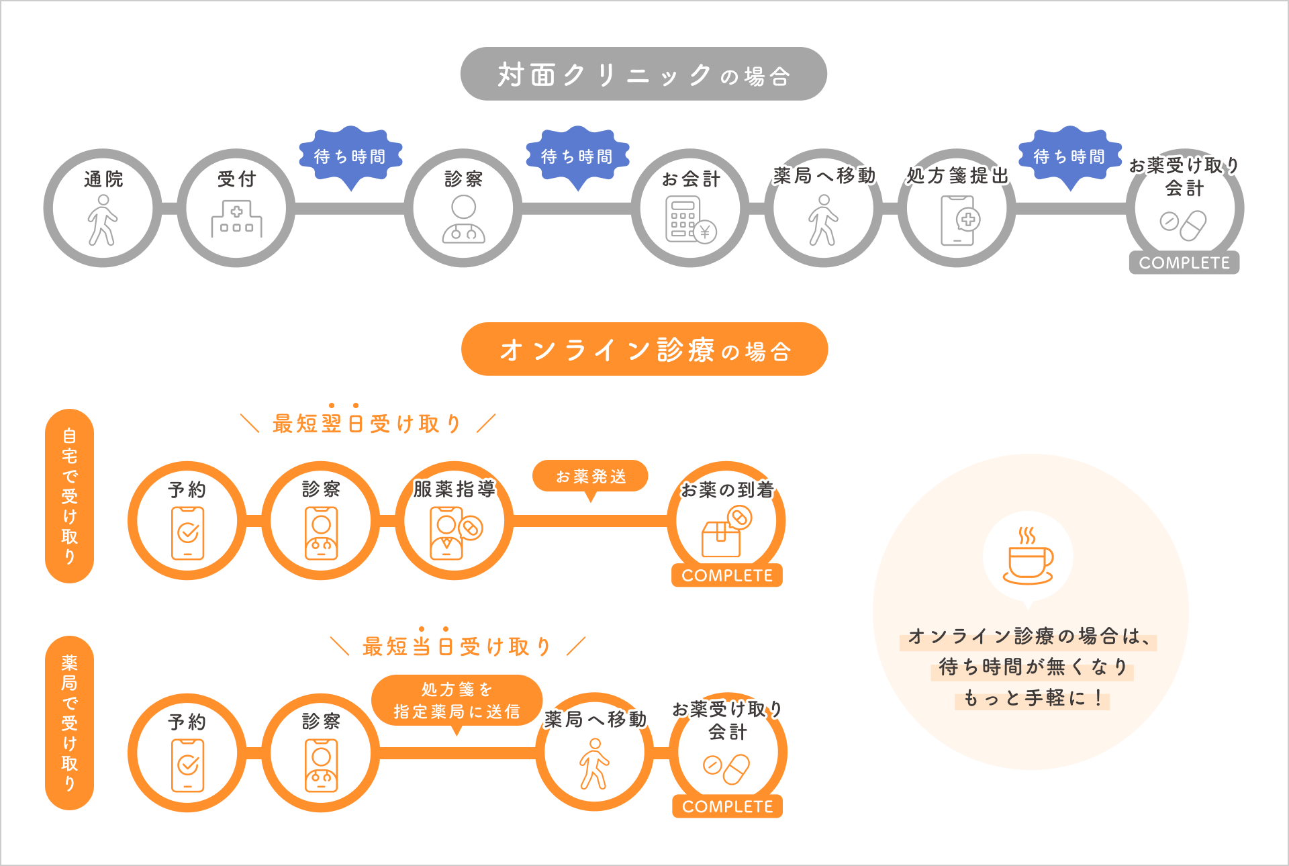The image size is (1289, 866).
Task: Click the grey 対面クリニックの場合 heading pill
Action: point(643,74)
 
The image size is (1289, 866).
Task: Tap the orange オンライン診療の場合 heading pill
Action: point(644,349)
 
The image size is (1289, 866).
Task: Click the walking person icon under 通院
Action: point(103,220)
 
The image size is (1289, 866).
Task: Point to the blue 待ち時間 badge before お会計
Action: point(577,156)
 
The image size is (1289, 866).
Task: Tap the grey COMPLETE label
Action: point(1184,262)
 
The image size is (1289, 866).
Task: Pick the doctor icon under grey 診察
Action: point(463,220)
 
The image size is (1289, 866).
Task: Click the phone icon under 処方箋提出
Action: point(959,220)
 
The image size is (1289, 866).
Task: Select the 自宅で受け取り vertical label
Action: point(69,495)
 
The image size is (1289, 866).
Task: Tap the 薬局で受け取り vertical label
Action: point(69,722)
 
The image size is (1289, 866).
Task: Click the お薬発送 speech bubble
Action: point(590,477)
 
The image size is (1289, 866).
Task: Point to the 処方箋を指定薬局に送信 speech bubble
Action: point(457,700)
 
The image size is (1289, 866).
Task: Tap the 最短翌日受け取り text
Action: point(367,424)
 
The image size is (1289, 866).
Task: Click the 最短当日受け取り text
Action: point(457,646)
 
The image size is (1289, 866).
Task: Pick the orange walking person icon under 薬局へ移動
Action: point(594,763)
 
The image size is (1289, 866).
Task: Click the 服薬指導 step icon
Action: point(455,532)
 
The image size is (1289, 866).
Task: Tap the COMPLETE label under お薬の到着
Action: point(727,575)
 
